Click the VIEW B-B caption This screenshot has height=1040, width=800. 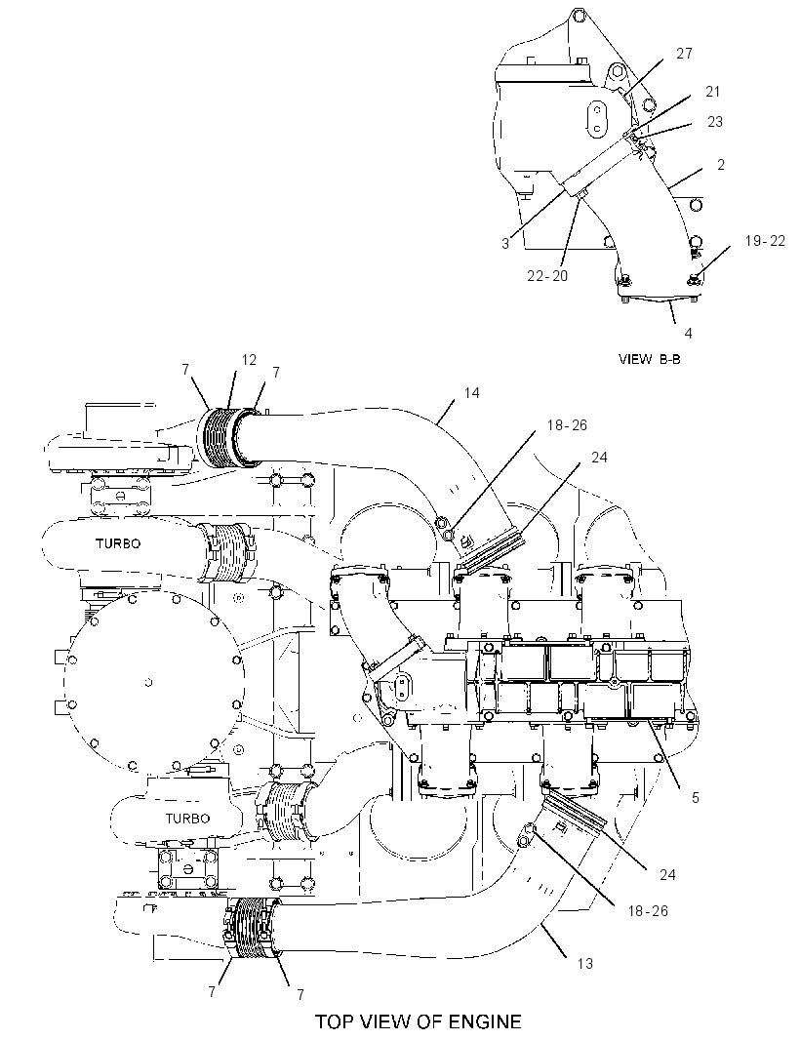[650, 359]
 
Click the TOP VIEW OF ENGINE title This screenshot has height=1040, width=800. [418, 1020]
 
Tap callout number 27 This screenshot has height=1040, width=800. [685, 53]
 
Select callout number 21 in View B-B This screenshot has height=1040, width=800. [712, 92]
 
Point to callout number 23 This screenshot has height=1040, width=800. [714, 121]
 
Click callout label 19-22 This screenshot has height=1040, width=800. [765, 241]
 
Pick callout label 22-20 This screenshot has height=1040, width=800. [547, 275]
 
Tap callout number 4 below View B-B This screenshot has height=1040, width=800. [688, 333]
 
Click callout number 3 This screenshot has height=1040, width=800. [505, 244]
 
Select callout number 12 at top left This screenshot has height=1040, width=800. [249, 359]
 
